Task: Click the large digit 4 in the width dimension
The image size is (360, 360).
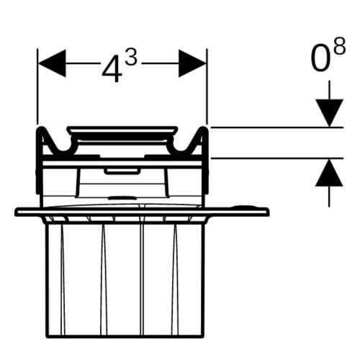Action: tap(111, 69)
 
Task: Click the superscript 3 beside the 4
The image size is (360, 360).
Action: tap(131, 59)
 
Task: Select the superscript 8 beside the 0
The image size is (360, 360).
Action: tap(339, 46)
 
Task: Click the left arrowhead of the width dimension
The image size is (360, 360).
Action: tap(52, 63)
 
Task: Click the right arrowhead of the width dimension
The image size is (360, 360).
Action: tap(192, 63)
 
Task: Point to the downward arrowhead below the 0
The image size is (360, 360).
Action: tap(329, 113)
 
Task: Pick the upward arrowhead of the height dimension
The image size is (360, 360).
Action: tap(329, 173)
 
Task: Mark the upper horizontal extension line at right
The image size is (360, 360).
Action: tap(276, 127)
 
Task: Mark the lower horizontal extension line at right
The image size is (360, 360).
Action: tap(276, 158)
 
